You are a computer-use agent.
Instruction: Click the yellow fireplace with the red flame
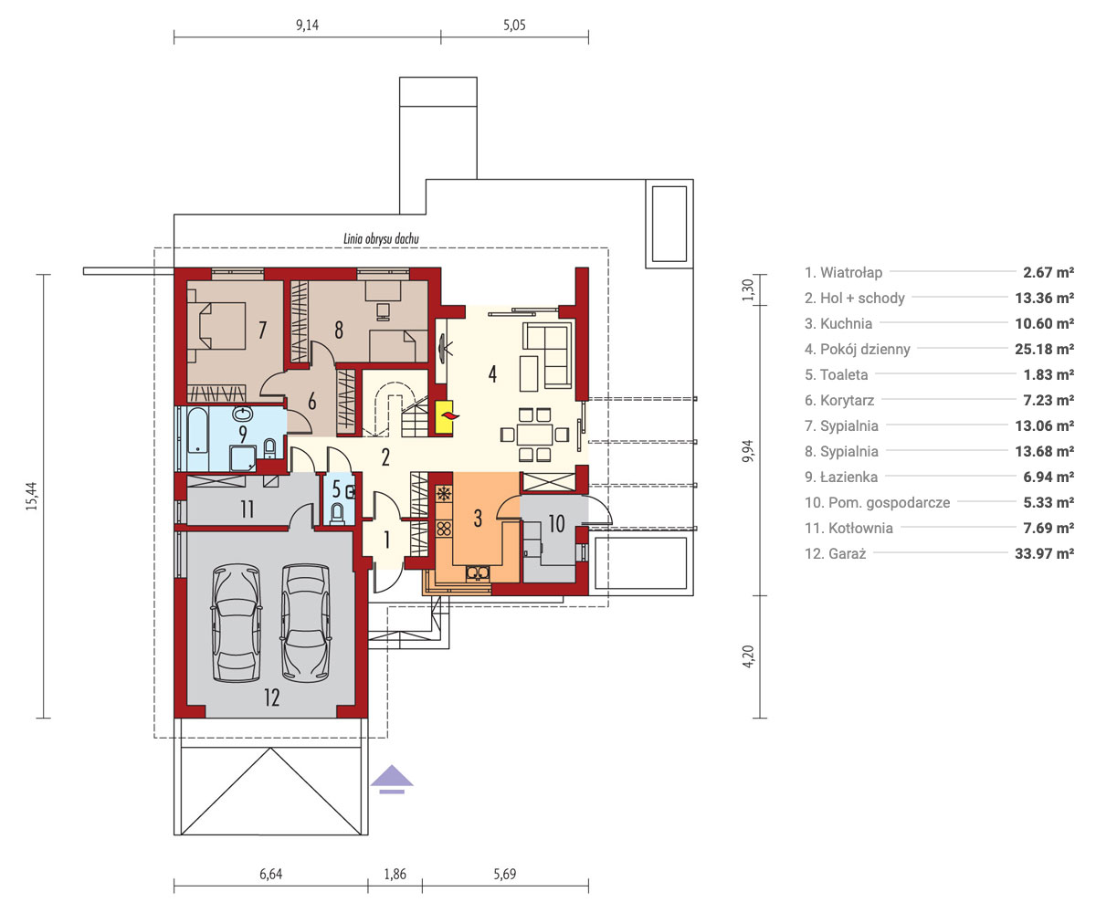click(x=444, y=417)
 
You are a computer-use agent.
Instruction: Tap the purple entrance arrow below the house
click(x=392, y=779)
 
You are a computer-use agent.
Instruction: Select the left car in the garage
click(x=237, y=624)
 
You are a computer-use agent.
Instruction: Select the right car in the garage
click(x=306, y=624)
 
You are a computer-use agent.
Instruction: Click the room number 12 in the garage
click(x=272, y=698)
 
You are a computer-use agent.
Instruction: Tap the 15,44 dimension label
click(x=32, y=496)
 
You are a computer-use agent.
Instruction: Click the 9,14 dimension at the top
click(x=307, y=26)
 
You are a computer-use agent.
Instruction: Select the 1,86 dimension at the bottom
click(x=395, y=874)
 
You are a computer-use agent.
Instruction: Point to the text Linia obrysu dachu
click(x=381, y=238)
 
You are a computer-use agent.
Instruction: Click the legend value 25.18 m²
click(x=1044, y=349)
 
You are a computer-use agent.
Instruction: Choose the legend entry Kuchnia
click(x=838, y=324)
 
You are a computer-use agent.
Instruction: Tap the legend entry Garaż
click(x=835, y=553)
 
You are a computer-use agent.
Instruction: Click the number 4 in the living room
click(x=492, y=373)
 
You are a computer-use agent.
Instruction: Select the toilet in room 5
click(x=337, y=513)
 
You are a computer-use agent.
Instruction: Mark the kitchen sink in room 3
click(x=477, y=572)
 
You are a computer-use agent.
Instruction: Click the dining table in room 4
click(x=534, y=435)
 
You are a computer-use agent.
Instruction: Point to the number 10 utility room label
click(x=556, y=523)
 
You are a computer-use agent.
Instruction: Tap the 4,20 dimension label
click(x=748, y=656)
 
